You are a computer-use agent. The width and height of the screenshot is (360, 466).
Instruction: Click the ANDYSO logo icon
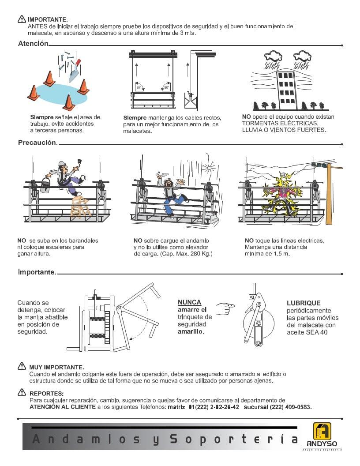pos(322,431)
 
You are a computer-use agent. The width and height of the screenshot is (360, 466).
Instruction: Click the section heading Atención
pos(34,44)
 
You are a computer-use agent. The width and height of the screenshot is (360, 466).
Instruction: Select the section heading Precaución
pos(37,143)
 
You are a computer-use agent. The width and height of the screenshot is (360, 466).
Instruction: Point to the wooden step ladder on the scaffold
pos(81,207)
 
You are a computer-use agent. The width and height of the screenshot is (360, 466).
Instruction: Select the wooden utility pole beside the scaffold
pos(328,194)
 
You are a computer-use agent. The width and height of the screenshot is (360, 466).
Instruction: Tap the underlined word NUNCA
pos(189,302)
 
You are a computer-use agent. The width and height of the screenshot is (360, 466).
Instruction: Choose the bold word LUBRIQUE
pos(303,303)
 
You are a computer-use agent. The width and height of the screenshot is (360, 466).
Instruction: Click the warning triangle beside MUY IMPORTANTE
pos(22,366)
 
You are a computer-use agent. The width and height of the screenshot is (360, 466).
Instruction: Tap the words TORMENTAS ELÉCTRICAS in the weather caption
pos(279,124)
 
